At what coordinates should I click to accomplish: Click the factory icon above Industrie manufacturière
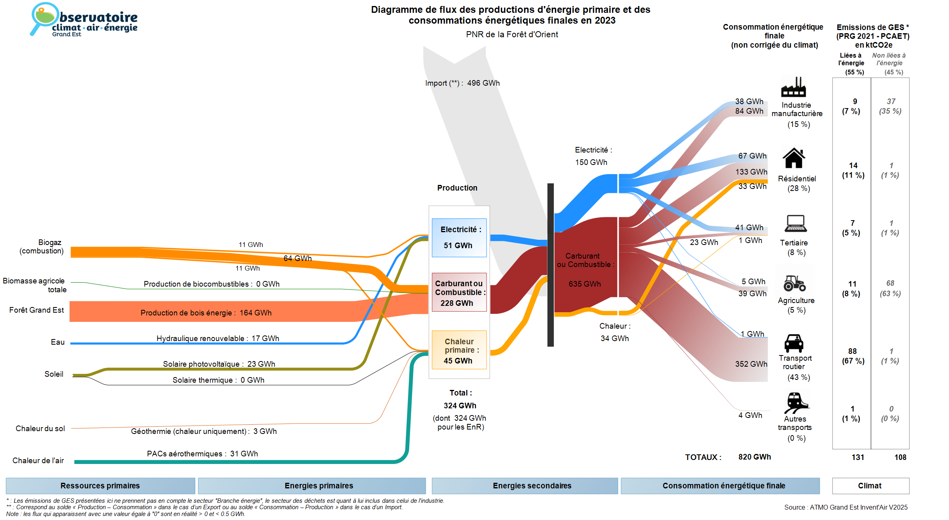click(793, 87)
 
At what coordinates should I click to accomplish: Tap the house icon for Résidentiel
click(794, 158)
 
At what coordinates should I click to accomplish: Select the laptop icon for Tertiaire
click(795, 223)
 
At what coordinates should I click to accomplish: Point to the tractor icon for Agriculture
click(794, 283)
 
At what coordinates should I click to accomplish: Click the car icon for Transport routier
click(794, 343)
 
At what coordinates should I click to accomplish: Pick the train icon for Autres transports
click(796, 402)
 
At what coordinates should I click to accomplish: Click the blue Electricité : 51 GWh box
click(459, 237)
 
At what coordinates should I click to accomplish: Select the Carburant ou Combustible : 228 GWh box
click(459, 293)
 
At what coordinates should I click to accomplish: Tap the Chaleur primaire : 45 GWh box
click(459, 350)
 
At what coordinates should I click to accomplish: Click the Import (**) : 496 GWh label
click(462, 83)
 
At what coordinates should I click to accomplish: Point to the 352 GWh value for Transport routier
click(751, 364)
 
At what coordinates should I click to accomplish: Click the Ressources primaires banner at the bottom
click(100, 486)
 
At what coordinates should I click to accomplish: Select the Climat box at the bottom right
click(870, 486)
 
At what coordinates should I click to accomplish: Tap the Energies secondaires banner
click(532, 486)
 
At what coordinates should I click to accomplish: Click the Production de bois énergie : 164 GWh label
click(206, 313)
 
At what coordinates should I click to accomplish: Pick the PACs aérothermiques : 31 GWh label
click(202, 454)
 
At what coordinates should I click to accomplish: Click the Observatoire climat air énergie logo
click(84, 20)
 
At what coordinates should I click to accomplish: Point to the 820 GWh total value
click(754, 457)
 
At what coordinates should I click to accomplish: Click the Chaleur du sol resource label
click(40, 428)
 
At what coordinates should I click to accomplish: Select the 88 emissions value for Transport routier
click(852, 351)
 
